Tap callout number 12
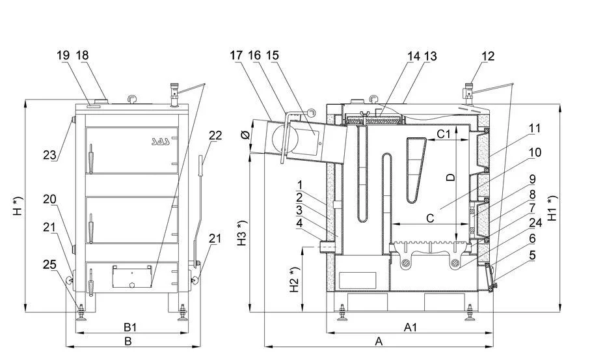pos(488,56)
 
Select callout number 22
pos(215,135)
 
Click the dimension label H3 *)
pos(242,234)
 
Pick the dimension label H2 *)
pos(294,279)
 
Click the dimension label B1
pos(129,326)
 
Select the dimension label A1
pos(410,327)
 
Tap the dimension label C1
pos(444,134)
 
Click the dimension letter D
pos(451,175)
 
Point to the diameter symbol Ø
pos(245,135)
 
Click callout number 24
pos(535,223)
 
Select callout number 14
pos(414,56)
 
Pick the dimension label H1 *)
pos(552,207)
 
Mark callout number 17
pos(236,56)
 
